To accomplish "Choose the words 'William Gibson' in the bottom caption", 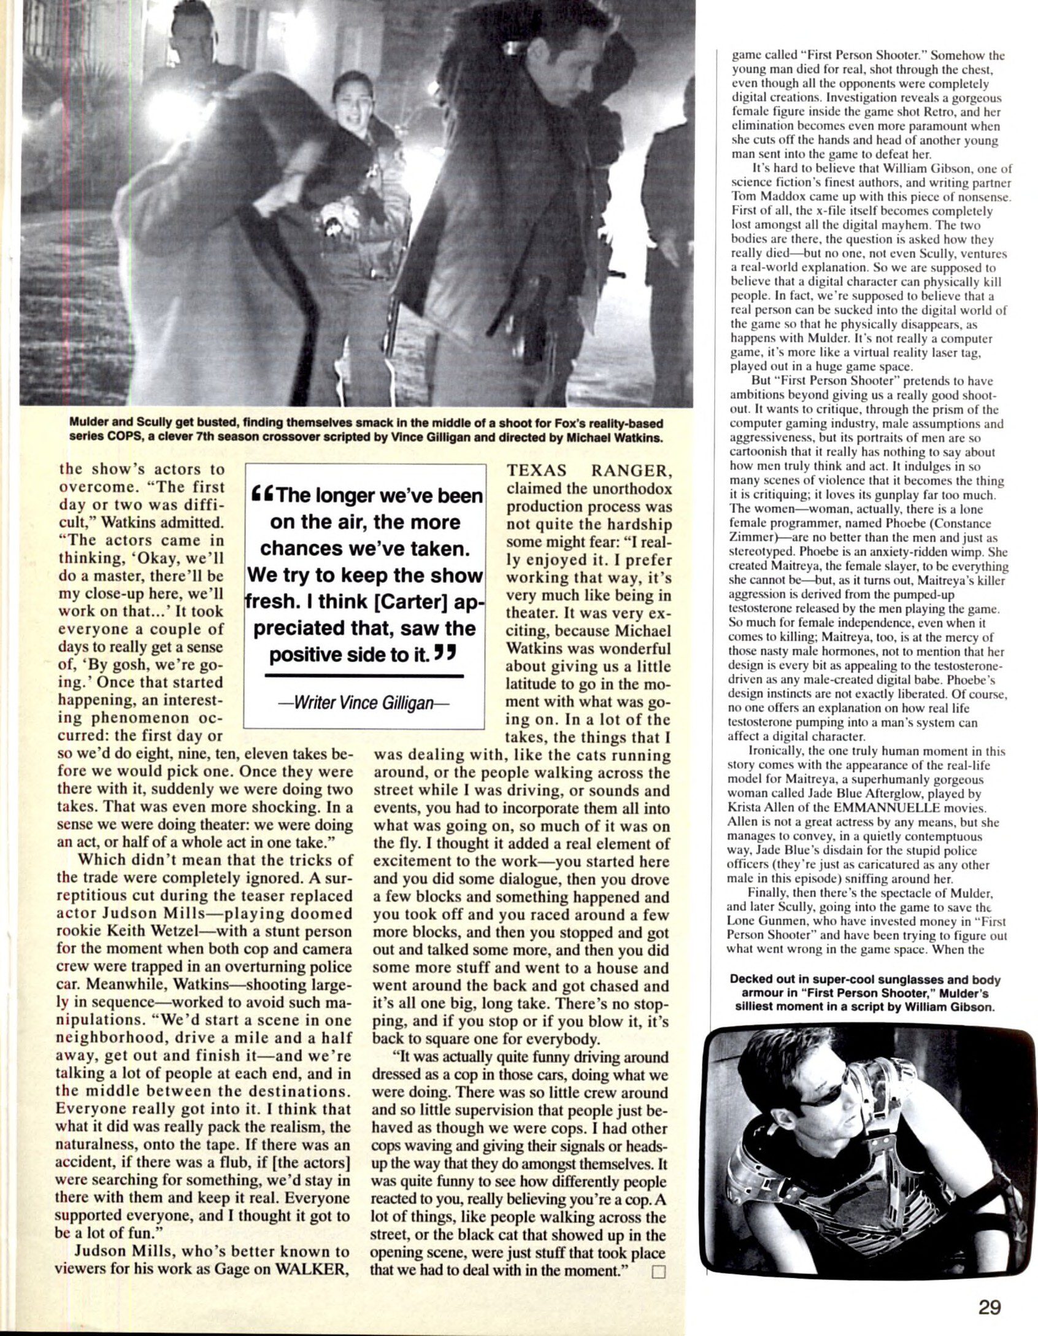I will coord(946,1008).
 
